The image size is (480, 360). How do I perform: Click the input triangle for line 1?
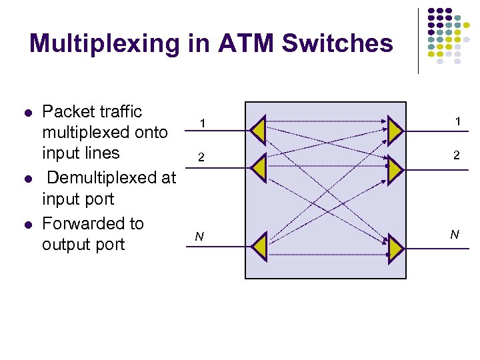[259, 131]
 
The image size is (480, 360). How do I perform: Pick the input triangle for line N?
[259, 246]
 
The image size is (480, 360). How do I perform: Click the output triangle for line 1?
[394, 131]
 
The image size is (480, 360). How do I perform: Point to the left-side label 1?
[203, 124]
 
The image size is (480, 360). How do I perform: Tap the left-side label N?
[199, 237]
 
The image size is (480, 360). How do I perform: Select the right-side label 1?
[458, 121]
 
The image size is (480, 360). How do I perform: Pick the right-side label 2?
[456, 155]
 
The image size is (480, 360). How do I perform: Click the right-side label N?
[455, 234]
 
